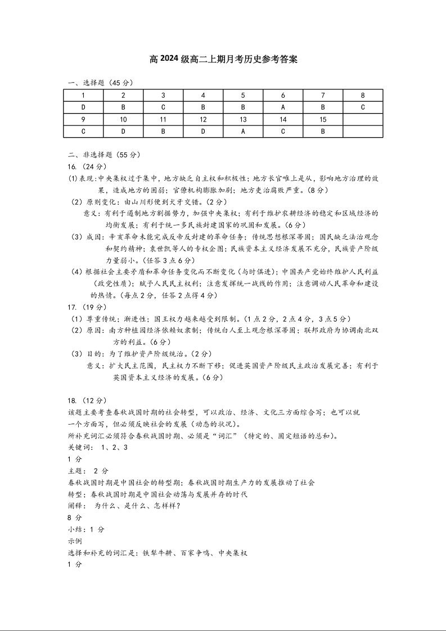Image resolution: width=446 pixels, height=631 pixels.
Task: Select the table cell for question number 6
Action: coord(283,95)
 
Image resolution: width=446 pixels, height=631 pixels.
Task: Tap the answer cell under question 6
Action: coord(283,107)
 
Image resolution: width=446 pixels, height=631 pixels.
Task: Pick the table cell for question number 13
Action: coord(243,119)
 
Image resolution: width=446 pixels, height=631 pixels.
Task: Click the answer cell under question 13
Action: coord(243,131)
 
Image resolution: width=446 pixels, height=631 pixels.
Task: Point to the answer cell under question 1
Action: coord(83,107)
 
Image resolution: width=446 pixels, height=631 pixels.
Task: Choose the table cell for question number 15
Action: coord(323,119)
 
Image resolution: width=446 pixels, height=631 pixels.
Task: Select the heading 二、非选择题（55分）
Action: coord(104,155)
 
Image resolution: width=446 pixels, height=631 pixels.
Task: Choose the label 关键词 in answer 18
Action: coord(79,447)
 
